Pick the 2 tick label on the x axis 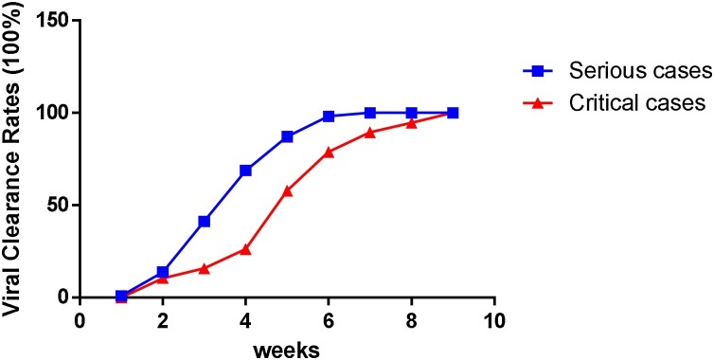point(163,318)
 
